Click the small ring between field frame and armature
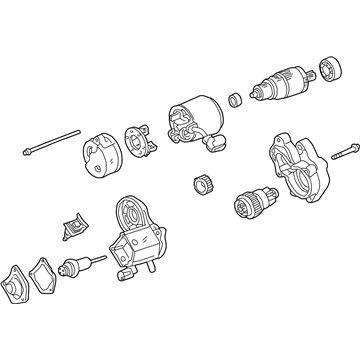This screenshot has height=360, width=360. point(233,99)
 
